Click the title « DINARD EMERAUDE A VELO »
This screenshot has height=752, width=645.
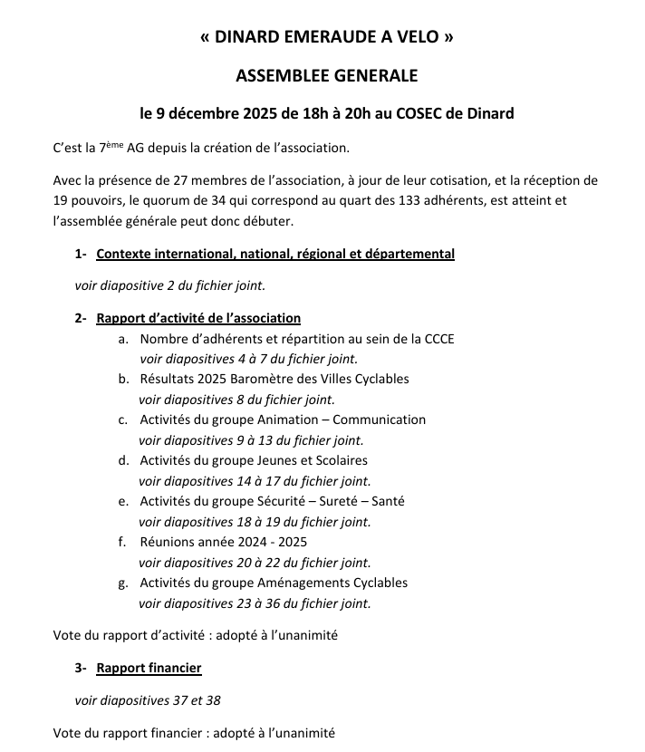point(326,37)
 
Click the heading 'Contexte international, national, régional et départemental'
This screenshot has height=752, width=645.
point(275,254)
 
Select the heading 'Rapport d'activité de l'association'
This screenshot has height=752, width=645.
point(198,318)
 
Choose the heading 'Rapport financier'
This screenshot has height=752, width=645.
point(149,668)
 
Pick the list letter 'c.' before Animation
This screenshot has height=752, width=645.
point(122,419)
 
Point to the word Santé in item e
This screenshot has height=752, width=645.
point(387,501)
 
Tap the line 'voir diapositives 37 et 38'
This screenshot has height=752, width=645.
point(148,699)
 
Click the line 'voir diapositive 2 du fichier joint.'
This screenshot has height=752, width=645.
point(170,285)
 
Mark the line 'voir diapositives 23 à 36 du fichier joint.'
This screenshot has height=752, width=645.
point(255,603)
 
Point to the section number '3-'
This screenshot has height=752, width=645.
point(82,668)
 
